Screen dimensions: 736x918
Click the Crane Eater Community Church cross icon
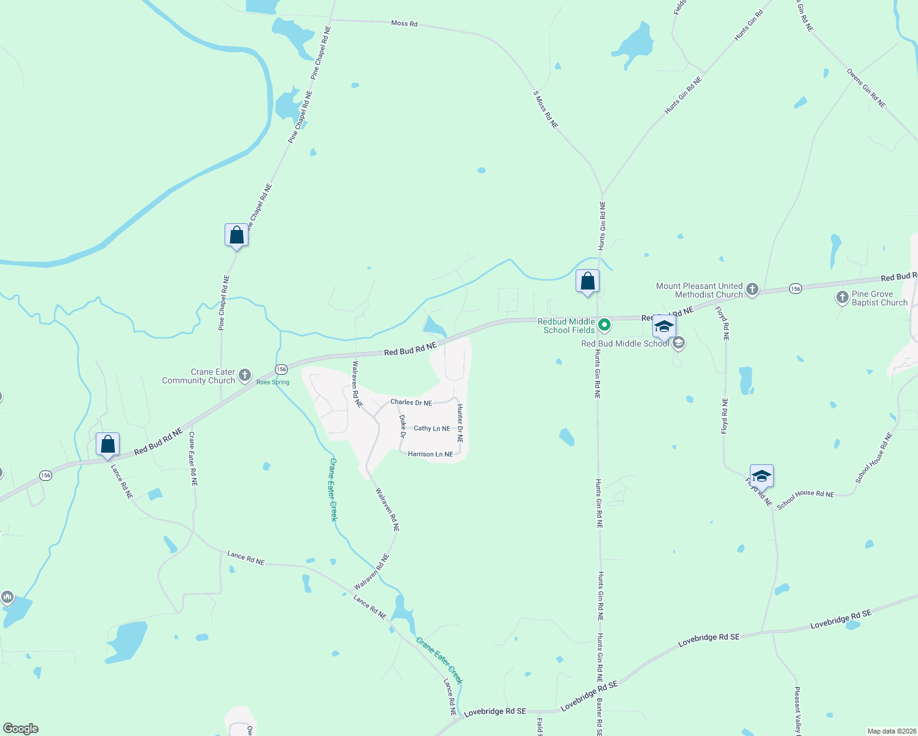pos(245,375)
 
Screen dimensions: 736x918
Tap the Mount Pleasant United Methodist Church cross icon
pos(752,289)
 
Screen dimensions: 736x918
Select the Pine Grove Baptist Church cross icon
pos(842,298)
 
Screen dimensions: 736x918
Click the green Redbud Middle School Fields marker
pos(604,324)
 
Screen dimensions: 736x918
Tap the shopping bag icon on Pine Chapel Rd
pos(236,236)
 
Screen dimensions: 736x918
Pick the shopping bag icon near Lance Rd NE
pos(107,445)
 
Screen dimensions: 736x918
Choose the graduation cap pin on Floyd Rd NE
pos(761,477)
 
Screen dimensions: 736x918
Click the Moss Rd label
pos(404,23)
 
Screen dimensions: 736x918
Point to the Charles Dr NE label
pos(411,402)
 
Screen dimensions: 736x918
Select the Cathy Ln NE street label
pos(432,428)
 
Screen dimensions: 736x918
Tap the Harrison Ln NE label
pos(430,454)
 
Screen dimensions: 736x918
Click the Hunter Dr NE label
pos(460,423)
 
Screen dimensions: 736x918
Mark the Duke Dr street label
pos(403,426)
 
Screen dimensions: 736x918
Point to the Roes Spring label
pos(272,382)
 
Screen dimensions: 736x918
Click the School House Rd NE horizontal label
pos(805,499)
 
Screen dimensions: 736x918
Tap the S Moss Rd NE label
pos(546,110)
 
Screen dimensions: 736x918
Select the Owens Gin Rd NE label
pos(866,88)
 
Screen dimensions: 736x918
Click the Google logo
pos(21,729)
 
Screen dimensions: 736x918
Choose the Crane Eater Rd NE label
pos(193,459)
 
